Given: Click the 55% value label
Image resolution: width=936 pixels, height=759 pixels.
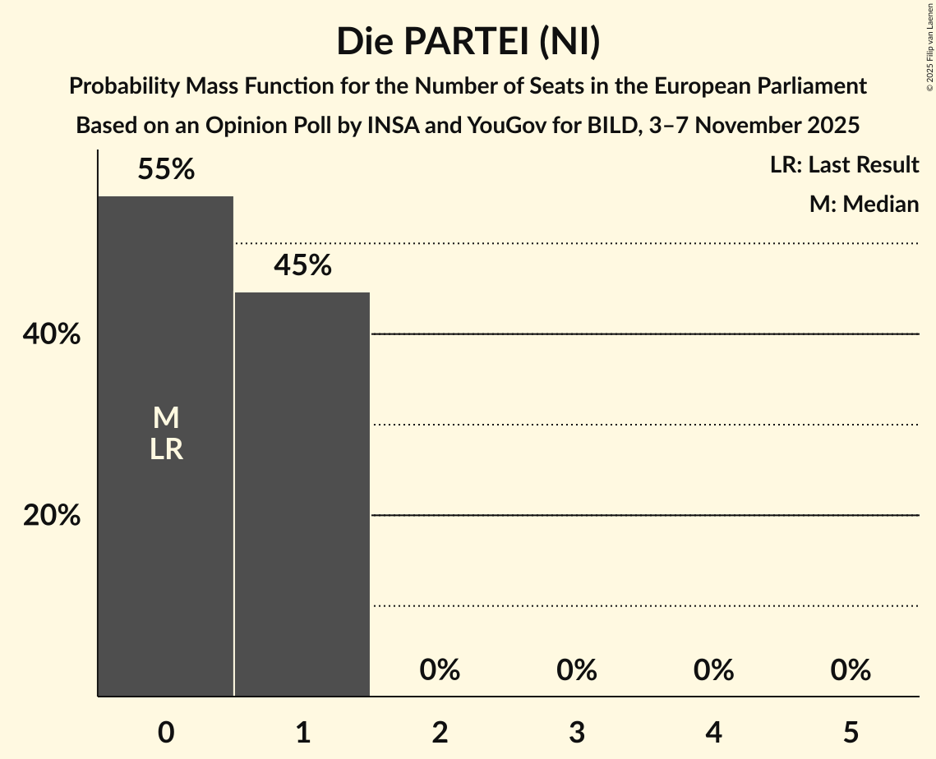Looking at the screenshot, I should pos(166,169).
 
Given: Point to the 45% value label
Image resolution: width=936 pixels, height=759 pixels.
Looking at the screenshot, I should pos(302,265).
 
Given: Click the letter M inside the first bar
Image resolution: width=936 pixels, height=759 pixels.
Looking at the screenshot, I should pos(166,418).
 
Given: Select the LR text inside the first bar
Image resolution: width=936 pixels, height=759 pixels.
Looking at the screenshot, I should pos(166,449).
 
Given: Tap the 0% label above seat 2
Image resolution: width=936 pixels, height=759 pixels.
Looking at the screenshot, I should pos(440,670).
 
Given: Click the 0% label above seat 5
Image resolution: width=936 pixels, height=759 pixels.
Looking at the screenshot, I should pos(851,670).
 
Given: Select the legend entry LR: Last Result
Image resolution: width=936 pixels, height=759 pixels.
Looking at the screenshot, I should pos(844,165).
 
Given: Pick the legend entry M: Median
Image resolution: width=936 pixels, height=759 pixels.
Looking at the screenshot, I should pos(864,204).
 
